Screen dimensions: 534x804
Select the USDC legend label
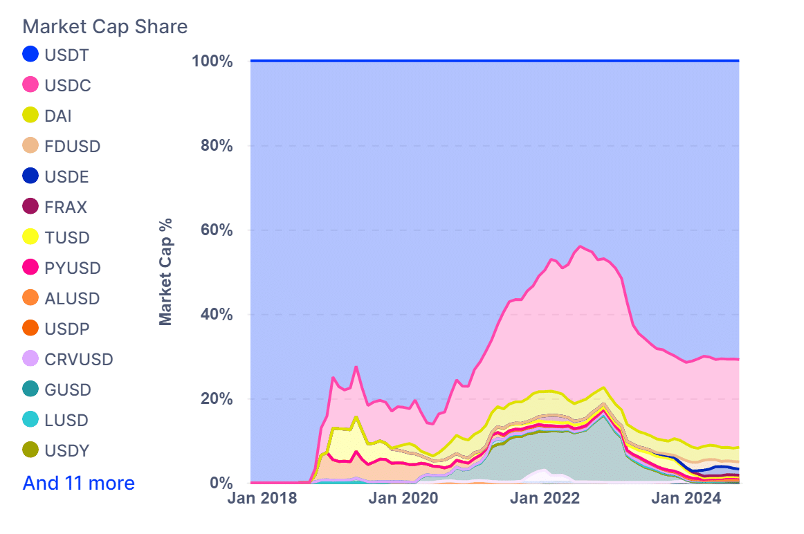(68, 86)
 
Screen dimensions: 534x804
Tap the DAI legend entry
(58, 116)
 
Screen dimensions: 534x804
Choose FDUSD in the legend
(72, 147)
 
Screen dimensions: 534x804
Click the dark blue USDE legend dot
(30, 177)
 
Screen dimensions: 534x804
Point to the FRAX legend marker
(30, 208)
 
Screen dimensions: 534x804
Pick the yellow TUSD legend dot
(30, 238)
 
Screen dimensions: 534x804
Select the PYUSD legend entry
(72, 268)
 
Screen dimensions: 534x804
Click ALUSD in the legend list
(72, 299)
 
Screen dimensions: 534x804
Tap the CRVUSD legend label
(78, 360)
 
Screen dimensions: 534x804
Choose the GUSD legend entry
(68, 390)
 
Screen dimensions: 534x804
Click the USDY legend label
(68, 451)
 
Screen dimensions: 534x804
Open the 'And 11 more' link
(79, 483)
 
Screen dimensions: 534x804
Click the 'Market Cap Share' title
(105, 26)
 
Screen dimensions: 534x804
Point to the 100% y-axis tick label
(212, 62)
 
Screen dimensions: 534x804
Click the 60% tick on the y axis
(216, 230)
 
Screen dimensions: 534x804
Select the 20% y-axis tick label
(216, 399)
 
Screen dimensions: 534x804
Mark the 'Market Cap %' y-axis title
(165, 272)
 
